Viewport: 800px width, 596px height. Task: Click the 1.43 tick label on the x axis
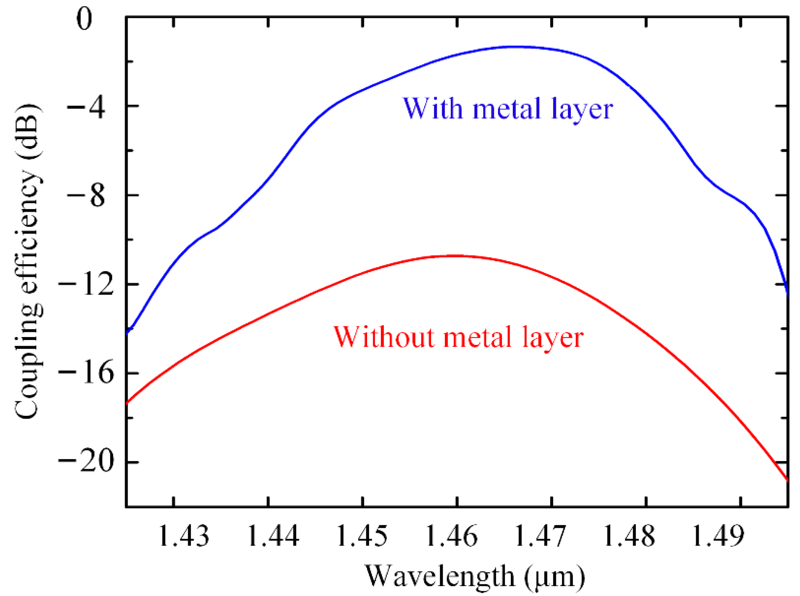(x=183, y=536)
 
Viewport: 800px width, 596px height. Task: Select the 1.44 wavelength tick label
(x=273, y=536)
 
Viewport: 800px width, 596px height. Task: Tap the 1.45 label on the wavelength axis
(x=362, y=536)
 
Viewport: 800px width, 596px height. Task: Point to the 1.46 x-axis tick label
(x=451, y=536)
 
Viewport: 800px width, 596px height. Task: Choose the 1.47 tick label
(x=540, y=536)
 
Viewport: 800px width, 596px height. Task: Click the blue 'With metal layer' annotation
(x=507, y=109)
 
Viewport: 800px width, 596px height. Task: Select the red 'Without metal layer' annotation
(x=458, y=337)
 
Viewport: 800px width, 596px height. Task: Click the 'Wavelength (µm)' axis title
(x=475, y=576)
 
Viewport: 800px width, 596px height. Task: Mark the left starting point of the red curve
(x=127, y=403)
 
